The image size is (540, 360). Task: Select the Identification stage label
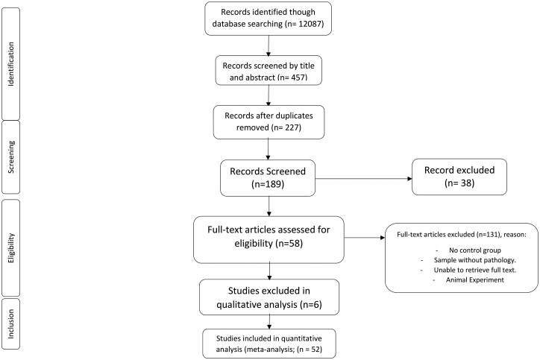[11, 64]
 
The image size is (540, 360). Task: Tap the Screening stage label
[11, 157]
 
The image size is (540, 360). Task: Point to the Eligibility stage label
[11, 247]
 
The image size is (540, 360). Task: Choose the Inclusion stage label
[11, 323]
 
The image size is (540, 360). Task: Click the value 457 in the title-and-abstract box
[298, 78]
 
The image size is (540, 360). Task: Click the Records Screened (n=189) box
[268, 178]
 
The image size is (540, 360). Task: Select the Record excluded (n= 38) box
[459, 177]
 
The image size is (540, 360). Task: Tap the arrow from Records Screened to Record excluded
[364, 179]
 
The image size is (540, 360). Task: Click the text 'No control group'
[475, 250]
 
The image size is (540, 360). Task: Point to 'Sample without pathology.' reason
[475, 260]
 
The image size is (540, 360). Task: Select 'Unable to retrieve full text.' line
[475, 270]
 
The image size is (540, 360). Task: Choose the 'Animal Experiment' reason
[475, 280]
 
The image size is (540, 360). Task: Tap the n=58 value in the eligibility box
[288, 244]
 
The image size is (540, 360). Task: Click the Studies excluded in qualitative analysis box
[269, 297]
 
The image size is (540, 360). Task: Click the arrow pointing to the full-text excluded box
[365, 238]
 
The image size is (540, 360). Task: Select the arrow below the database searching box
[269, 45]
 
